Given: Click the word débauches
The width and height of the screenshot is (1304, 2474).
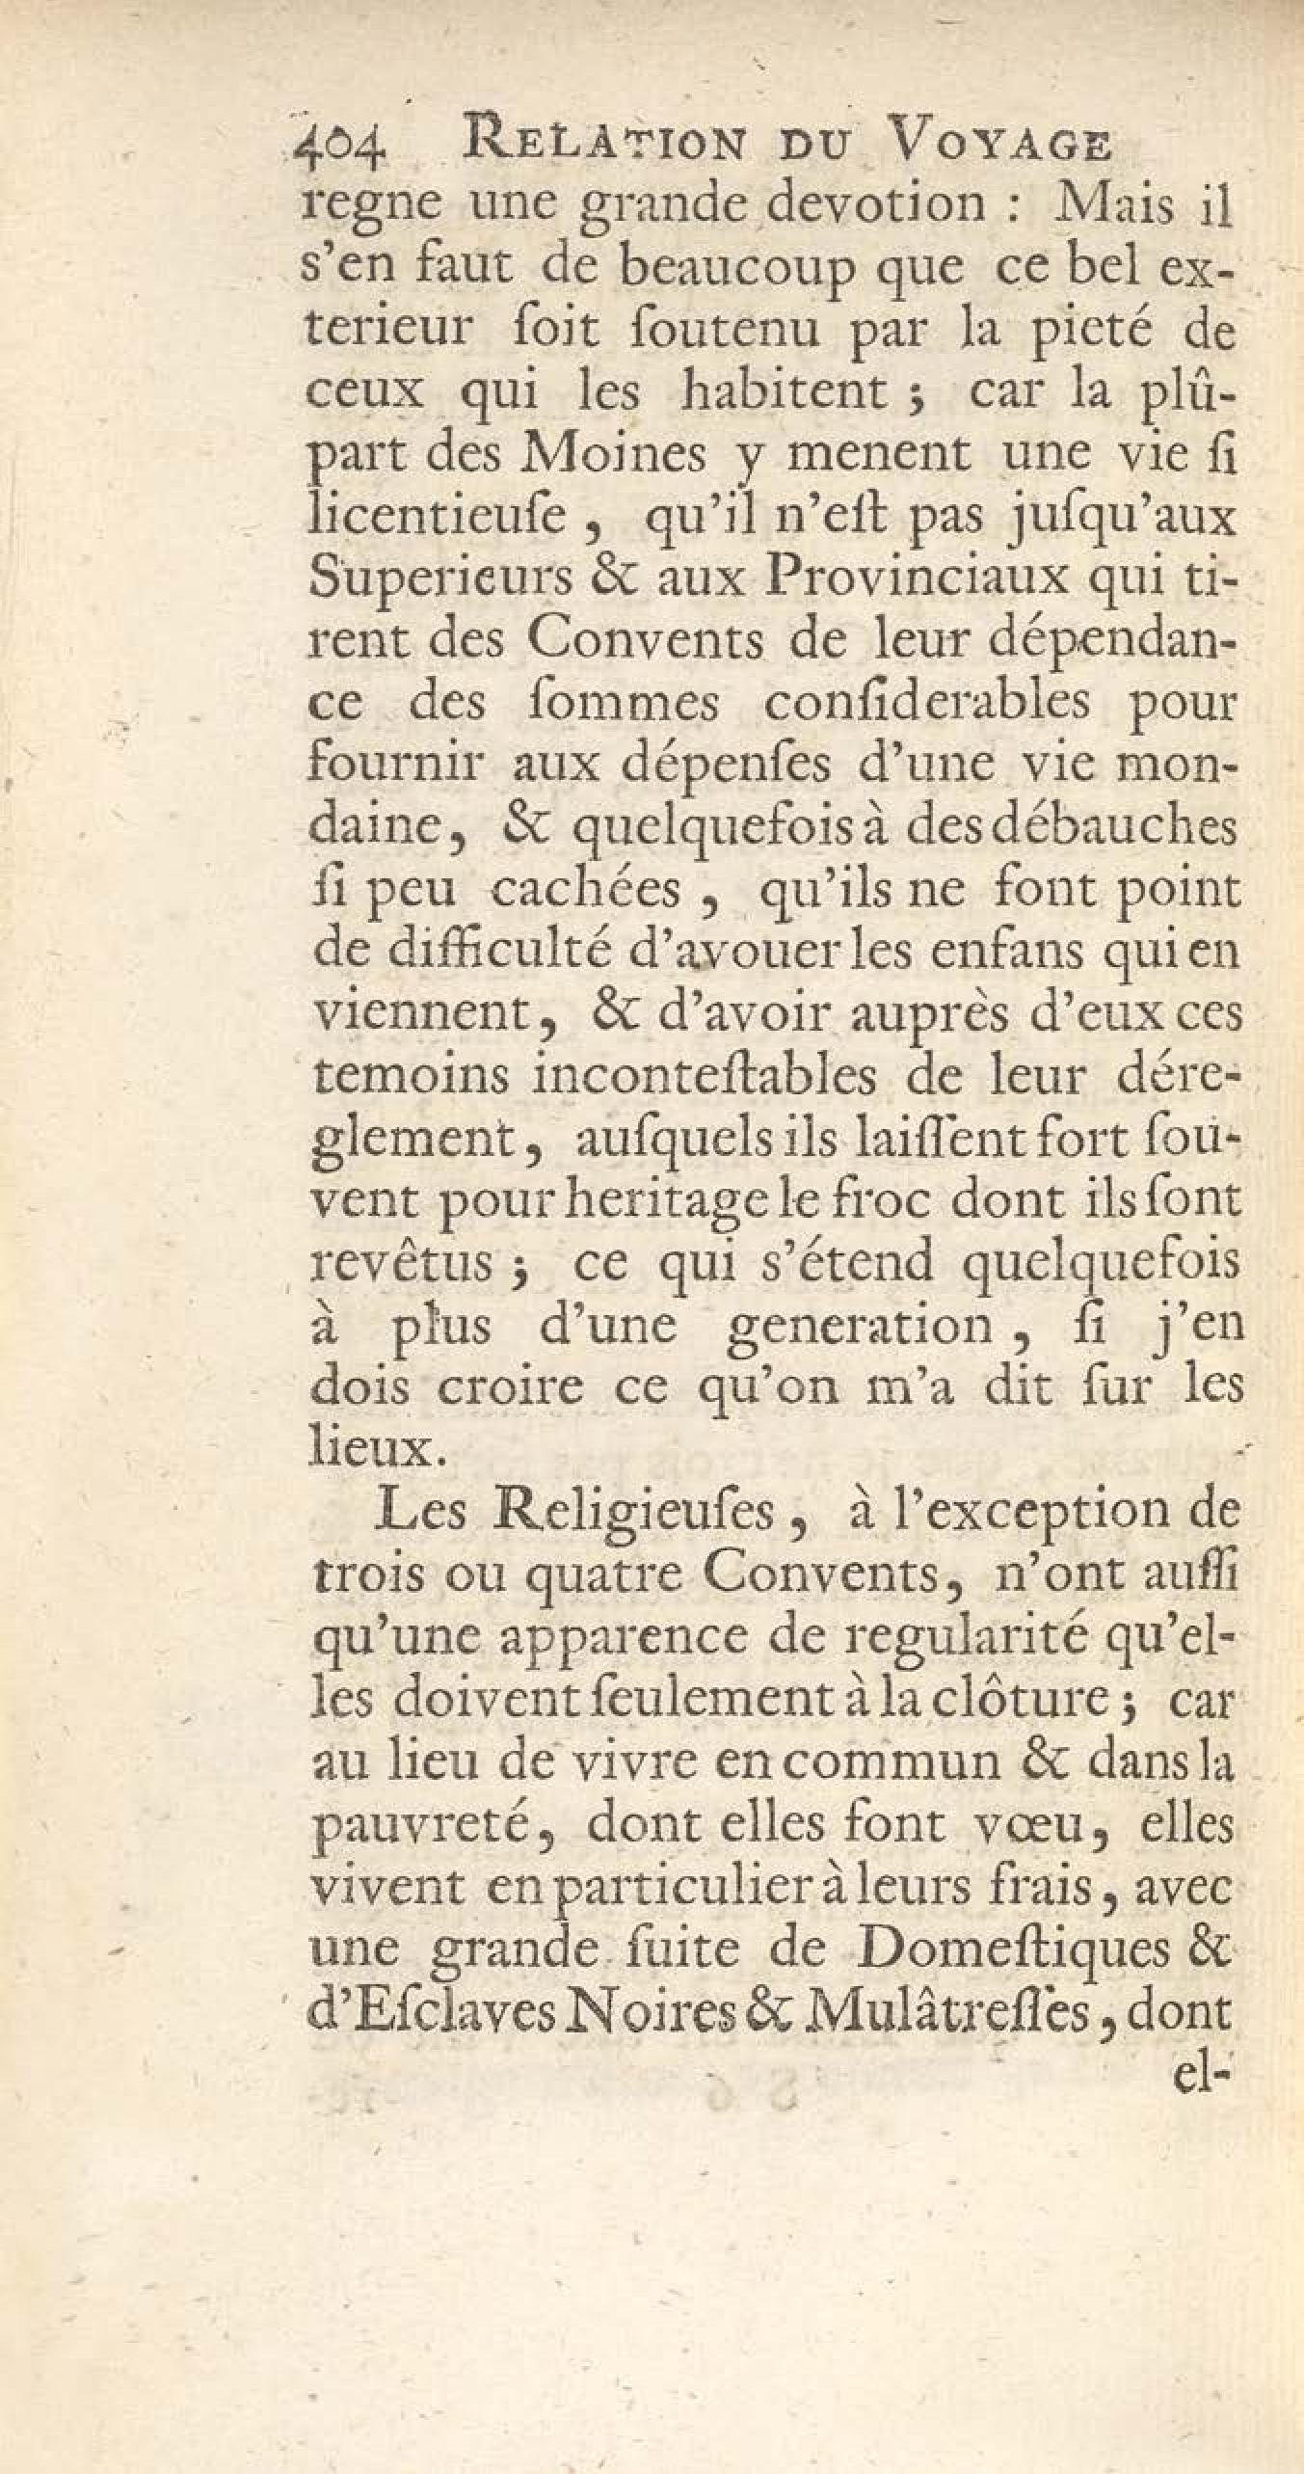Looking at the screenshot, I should click(x=1105, y=828).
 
